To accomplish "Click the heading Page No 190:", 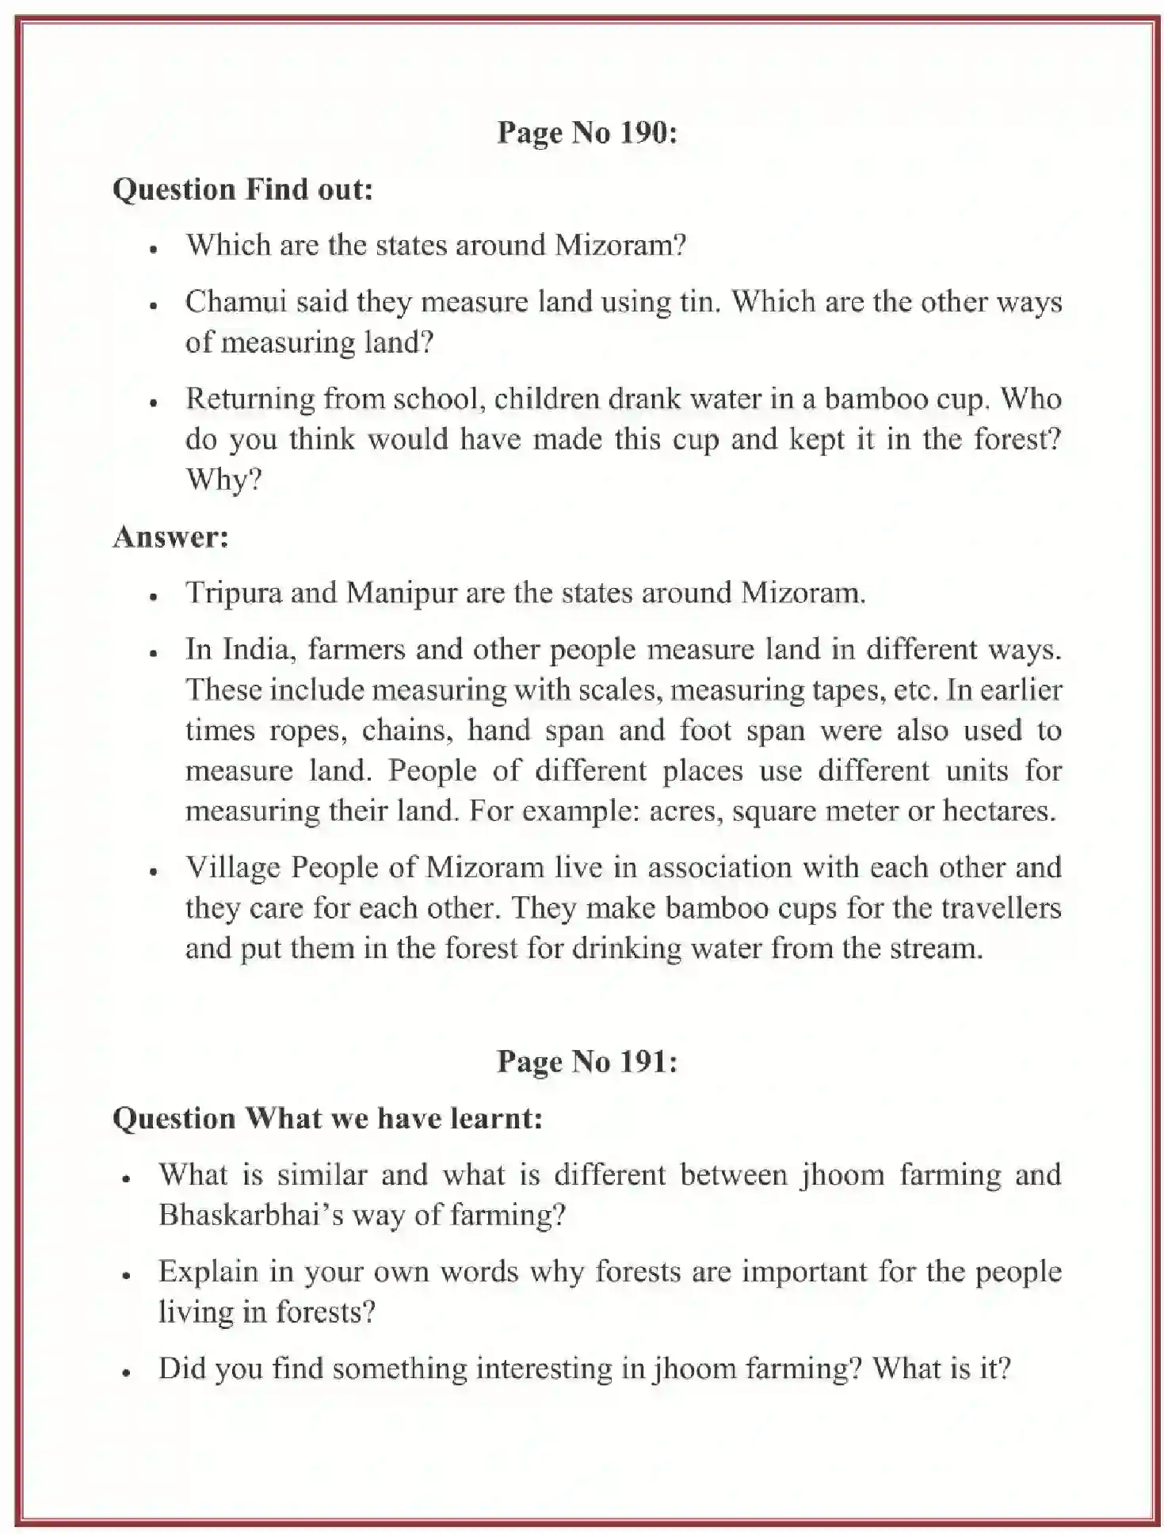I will pos(586,133).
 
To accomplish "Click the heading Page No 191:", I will pos(586,1061).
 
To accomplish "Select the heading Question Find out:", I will pos(242,189).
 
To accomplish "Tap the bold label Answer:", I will pos(170,536).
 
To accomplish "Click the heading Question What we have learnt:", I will pos(327,1117).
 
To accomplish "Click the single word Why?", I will pos(223,479).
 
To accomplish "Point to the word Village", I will pos(233,867).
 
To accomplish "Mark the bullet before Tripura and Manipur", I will pos(155,596).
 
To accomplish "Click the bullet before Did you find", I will pos(126,1372).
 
